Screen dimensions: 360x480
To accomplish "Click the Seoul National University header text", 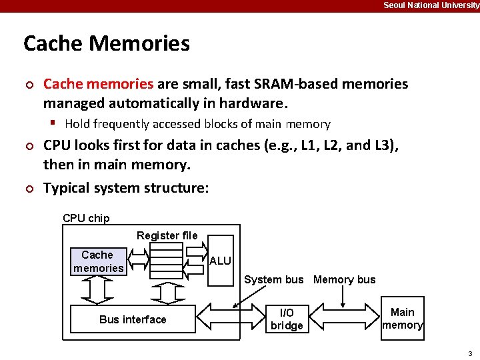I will click(x=431, y=5).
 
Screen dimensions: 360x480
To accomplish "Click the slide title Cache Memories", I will click(x=107, y=43).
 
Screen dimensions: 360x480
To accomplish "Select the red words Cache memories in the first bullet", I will click(x=98, y=84).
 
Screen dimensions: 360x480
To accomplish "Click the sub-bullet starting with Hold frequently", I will click(x=197, y=124).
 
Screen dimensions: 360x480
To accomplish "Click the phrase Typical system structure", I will click(x=126, y=188).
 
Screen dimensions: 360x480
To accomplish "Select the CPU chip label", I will click(x=86, y=218).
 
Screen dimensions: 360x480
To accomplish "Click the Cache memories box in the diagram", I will click(x=98, y=261).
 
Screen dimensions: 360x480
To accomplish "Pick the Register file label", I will click(x=167, y=235).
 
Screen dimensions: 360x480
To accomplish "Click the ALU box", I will click(x=221, y=261).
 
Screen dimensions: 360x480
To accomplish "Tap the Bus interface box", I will click(x=133, y=319).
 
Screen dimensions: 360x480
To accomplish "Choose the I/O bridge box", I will click(x=287, y=319).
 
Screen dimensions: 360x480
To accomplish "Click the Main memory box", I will click(x=402, y=319).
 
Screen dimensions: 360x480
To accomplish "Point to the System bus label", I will click(x=273, y=280).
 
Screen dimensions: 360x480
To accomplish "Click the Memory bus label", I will click(x=344, y=280).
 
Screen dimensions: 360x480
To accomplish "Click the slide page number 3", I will click(x=470, y=353).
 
